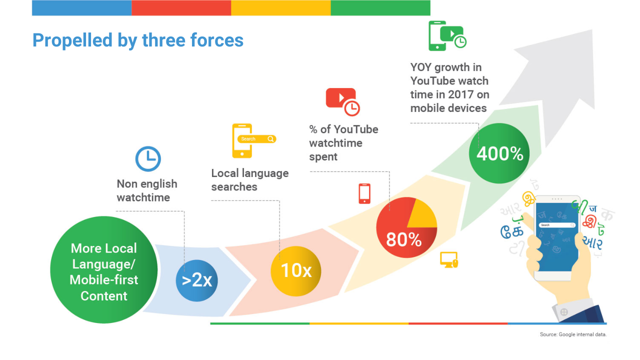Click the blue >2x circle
[x=197, y=280]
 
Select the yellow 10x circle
[x=296, y=271]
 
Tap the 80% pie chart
[x=406, y=227]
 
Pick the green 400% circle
[x=499, y=153]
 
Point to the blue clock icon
[x=148, y=159]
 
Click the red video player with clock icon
[x=343, y=102]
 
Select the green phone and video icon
[x=447, y=36]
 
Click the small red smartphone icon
[x=364, y=193]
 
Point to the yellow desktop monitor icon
[x=449, y=259]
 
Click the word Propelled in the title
[x=72, y=40]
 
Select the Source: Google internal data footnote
[x=573, y=334]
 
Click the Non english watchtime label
[x=147, y=190]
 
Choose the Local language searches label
[x=250, y=179]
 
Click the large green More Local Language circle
[x=103, y=269]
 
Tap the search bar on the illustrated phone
[x=557, y=225]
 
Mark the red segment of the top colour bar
[x=181, y=7]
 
